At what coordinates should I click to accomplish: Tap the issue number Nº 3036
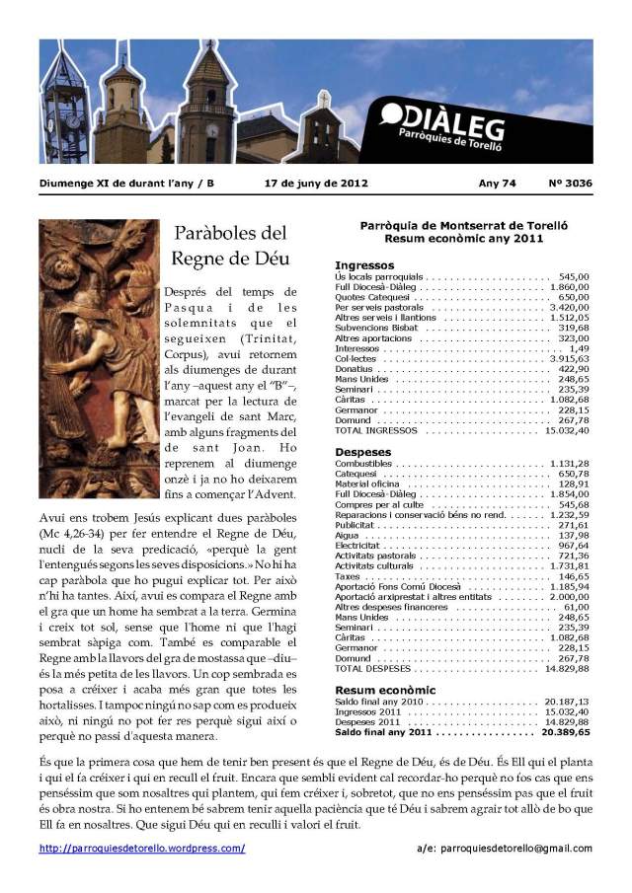tap(571, 183)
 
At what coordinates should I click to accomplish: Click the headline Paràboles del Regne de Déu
tap(229, 246)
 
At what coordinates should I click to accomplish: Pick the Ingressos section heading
tap(364, 265)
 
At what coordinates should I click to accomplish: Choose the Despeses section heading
tap(362, 452)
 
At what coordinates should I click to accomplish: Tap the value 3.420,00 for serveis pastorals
tap(568, 308)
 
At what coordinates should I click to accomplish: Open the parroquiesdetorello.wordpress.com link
tap(142, 848)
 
